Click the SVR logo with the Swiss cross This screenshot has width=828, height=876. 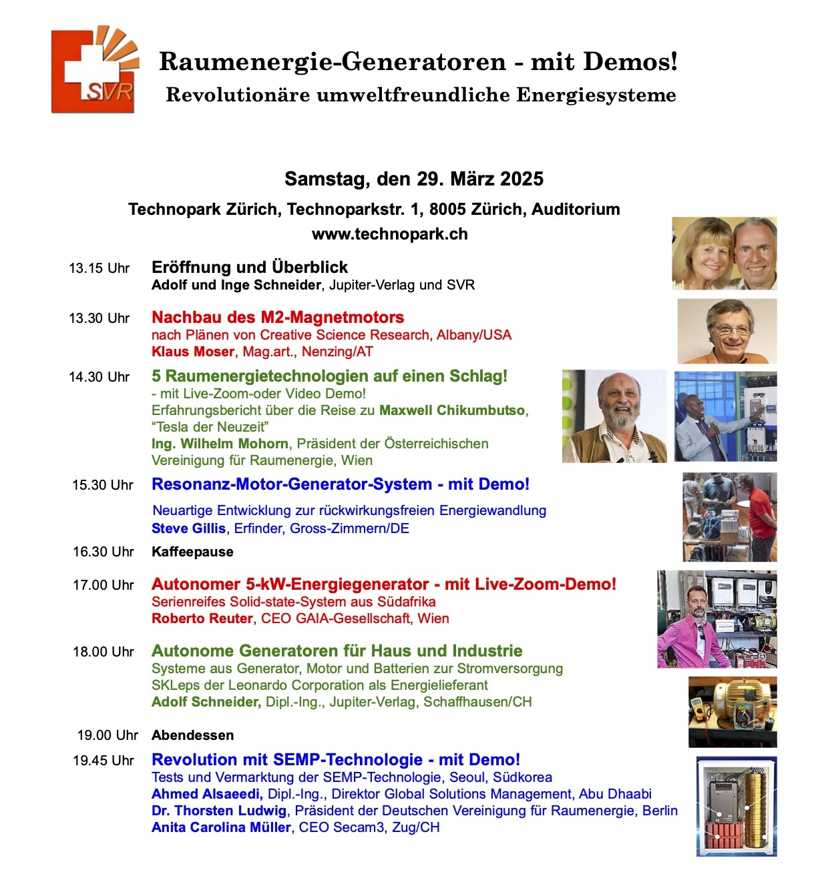pyautogui.click(x=94, y=69)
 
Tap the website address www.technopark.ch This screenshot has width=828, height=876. pyautogui.click(x=389, y=234)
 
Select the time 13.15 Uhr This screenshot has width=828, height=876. pyautogui.click(x=99, y=268)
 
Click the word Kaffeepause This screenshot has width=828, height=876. pyautogui.click(x=192, y=552)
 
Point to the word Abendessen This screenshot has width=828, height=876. pyautogui.click(x=192, y=735)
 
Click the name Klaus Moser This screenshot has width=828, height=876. pyautogui.click(x=193, y=352)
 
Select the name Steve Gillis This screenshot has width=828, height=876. pyautogui.click(x=188, y=528)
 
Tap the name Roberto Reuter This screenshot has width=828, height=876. pyautogui.click(x=202, y=618)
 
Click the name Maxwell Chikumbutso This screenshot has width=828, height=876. pyautogui.click(x=452, y=410)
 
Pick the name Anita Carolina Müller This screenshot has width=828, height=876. pyautogui.click(x=221, y=827)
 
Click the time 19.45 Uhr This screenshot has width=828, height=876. pyautogui.click(x=103, y=761)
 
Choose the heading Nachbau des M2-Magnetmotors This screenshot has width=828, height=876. pyautogui.click(x=278, y=318)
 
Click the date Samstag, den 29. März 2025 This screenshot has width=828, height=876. pyautogui.click(x=414, y=179)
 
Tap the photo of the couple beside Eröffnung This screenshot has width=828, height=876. pyautogui.click(x=724, y=254)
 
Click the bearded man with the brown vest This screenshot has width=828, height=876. pyautogui.click(x=614, y=417)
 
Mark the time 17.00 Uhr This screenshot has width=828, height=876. pyautogui.click(x=103, y=585)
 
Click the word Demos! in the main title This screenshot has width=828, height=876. pyautogui.click(x=630, y=62)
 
